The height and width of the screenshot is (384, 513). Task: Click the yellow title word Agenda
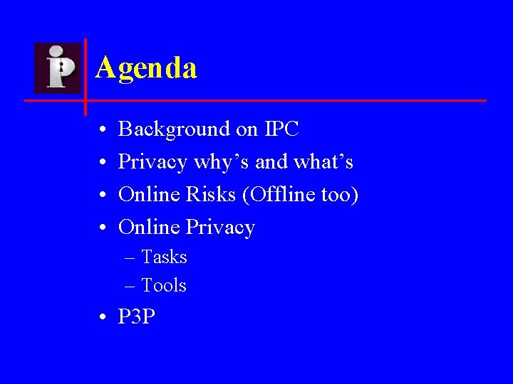point(145,68)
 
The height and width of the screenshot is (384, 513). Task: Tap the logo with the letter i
point(58,68)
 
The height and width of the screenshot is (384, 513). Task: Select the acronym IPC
point(281,129)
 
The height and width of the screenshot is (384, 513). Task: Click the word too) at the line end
point(339,195)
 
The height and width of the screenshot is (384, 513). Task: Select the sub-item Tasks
point(164,257)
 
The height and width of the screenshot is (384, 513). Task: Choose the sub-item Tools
point(164,285)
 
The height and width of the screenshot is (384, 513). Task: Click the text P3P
point(136,316)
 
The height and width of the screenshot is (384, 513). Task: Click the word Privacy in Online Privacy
point(220,228)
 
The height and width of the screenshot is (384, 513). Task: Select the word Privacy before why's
point(152,163)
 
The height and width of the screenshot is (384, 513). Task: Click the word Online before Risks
point(150,194)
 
